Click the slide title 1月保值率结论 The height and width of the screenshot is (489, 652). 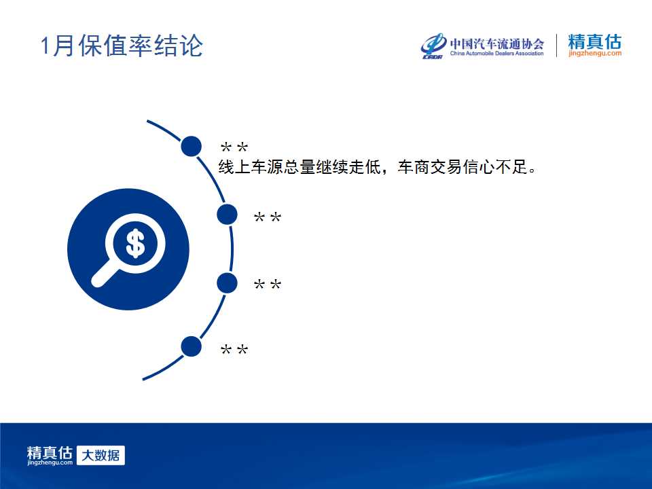(122, 46)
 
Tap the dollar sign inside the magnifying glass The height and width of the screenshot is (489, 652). (135, 243)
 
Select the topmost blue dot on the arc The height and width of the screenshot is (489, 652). (192, 146)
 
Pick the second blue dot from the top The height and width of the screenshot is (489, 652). (227, 215)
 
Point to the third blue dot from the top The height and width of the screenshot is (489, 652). (227, 283)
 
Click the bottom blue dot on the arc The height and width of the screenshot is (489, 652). (192, 346)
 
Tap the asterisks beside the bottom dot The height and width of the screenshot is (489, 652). (234, 350)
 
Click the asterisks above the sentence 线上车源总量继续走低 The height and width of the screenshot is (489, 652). (234, 147)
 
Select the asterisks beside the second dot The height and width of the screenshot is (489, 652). (268, 217)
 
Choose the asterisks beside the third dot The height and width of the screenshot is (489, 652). (268, 285)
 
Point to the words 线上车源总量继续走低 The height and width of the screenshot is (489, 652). (300, 167)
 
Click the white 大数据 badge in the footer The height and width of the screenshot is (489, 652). (101, 455)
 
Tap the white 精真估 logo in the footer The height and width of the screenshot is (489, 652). (50, 455)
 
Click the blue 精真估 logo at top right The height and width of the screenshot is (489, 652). (595, 41)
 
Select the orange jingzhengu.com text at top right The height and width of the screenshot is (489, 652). (595, 53)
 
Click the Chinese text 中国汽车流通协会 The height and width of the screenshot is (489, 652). (497, 43)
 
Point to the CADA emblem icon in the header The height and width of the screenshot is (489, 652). (433, 46)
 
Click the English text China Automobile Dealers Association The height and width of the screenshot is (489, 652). (497, 53)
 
